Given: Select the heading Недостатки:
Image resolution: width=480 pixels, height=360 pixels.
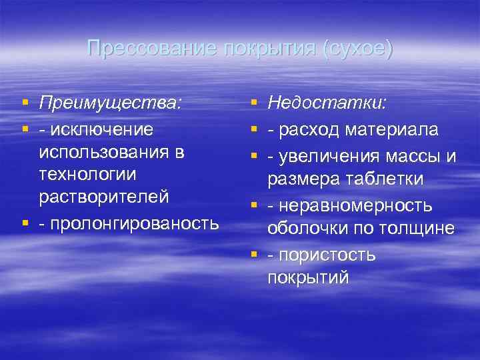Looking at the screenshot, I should pos(329,103).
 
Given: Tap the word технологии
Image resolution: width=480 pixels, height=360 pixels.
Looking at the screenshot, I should pos(87,175).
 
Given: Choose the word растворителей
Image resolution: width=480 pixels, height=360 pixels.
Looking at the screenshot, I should pos(104,199).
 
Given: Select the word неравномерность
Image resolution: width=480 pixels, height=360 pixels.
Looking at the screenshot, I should pos(355,206).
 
